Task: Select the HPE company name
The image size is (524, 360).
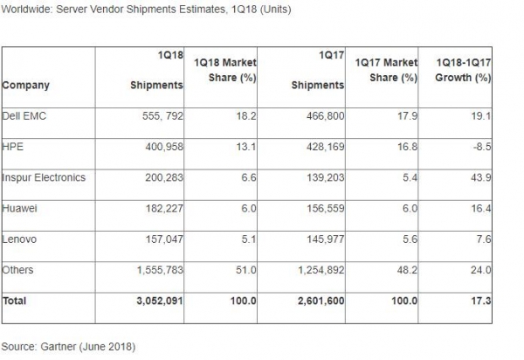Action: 13,146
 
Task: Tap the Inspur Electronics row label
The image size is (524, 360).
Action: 45,177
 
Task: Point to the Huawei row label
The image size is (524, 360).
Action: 20,208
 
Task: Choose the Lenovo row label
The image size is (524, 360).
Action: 19,239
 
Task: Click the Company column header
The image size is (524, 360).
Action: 26,85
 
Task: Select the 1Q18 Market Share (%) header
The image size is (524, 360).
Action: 225,70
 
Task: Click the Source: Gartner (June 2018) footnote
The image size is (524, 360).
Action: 68,346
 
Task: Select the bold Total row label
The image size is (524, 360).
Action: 15,301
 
